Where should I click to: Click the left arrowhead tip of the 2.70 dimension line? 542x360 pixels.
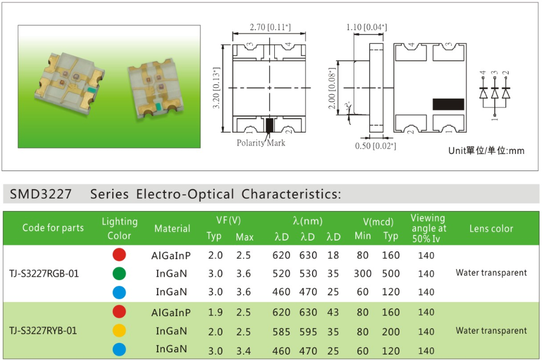click(x=233, y=33)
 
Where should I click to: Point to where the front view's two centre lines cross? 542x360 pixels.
click(x=269, y=88)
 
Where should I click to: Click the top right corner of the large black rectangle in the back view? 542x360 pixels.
click(x=464, y=99)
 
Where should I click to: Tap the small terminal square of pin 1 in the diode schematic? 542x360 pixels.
click(x=495, y=115)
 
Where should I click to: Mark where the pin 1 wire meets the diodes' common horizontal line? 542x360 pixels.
click(x=495, y=107)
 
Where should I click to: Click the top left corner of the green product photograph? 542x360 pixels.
click(x=18, y=25)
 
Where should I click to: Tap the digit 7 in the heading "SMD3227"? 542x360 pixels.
click(x=67, y=194)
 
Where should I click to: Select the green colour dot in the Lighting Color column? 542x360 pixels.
click(x=119, y=273)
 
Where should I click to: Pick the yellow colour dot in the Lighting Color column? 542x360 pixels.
click(x=119, y=330)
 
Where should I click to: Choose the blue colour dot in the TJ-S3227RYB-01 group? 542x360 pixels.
click(x=119, y=349)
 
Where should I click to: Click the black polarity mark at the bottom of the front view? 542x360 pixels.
click(x=269, y=125)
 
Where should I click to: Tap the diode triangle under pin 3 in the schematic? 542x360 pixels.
click(x=495, y=93)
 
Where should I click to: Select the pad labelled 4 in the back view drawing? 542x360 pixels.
click(x=410, y=52)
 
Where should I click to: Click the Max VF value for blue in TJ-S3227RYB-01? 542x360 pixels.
click(x=243, y=351)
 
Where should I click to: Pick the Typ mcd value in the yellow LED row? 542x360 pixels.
click(x=390, y=332)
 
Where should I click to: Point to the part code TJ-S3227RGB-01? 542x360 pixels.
click(x=44, y=273)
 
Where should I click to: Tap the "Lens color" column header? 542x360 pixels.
click(x=491, y=228)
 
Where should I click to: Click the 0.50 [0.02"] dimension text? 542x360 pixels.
click(x=376, y=146)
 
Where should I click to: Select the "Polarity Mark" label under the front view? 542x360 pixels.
click(x=261, y=143)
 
